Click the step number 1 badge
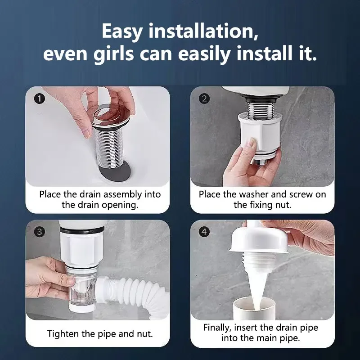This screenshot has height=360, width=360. tap(40, 99)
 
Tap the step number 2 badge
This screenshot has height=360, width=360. tap(204, 99)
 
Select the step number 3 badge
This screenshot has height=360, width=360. tap(40, 232)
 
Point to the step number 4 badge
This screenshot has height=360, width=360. tap(204, 232)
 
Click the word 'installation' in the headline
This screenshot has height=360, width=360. tap(203, 31)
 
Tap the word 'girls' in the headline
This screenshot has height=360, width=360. tap(114, 54)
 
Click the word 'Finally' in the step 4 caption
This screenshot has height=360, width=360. tap(217, 328)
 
